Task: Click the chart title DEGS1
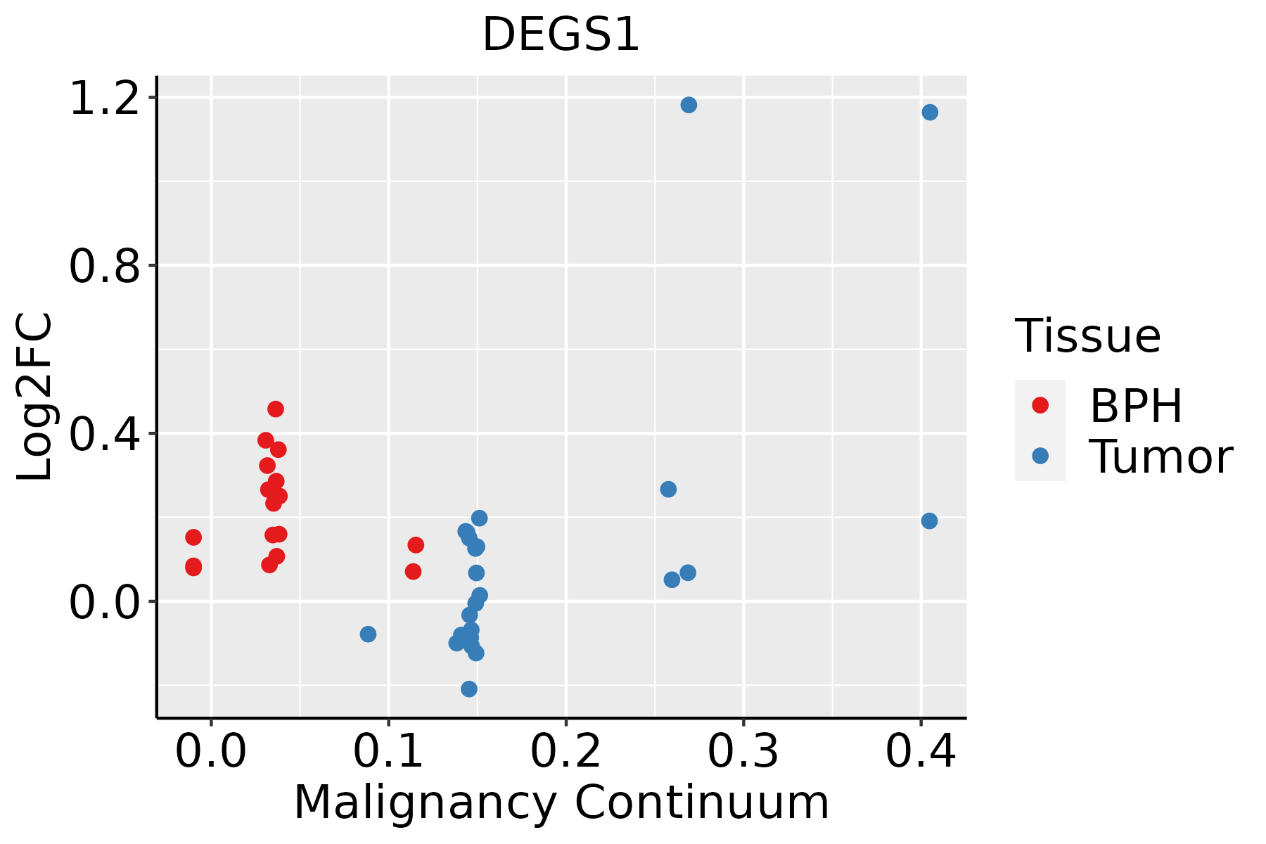pos(561,35)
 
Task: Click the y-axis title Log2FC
pos(35,397)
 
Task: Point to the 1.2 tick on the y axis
pos(104,98)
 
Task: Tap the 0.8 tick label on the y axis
pos(104,267)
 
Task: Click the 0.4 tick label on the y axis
pos(104,435)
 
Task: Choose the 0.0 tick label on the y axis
pos(104,603)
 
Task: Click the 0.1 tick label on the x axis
pos(388,751)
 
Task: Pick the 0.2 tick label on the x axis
pos(565,751)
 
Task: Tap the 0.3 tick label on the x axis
pos(743,751)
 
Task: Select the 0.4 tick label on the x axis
pos(920,751)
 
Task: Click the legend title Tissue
pos(1088,336)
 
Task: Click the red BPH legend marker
pos(1040,405)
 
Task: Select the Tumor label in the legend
pos(1160,457)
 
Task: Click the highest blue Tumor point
pos(689,105)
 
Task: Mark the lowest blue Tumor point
pos(469,689)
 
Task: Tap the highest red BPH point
pos(276,409)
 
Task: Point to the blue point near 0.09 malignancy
pos(368,634)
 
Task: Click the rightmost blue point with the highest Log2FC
pos(930,113)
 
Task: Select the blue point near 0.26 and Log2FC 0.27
pos(668,489)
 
